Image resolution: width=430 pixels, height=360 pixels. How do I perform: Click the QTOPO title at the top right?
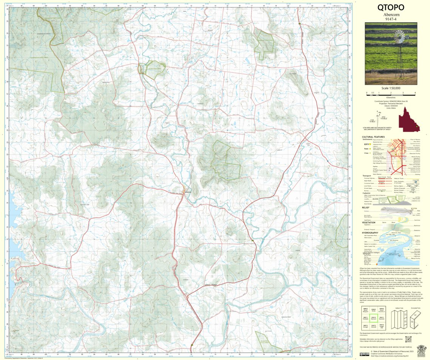coord(391,8)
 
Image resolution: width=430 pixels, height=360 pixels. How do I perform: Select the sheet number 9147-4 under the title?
coord(391,19)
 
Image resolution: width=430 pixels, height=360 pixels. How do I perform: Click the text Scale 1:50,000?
coord(391,88)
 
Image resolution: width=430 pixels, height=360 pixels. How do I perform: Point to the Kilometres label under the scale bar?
coord(391,97)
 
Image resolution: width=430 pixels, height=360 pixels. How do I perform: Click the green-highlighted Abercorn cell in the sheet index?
coord(373,318)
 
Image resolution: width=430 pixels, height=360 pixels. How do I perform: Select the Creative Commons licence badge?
coord(364,354)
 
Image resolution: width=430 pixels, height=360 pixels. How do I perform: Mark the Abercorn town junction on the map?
coord(184,192)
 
